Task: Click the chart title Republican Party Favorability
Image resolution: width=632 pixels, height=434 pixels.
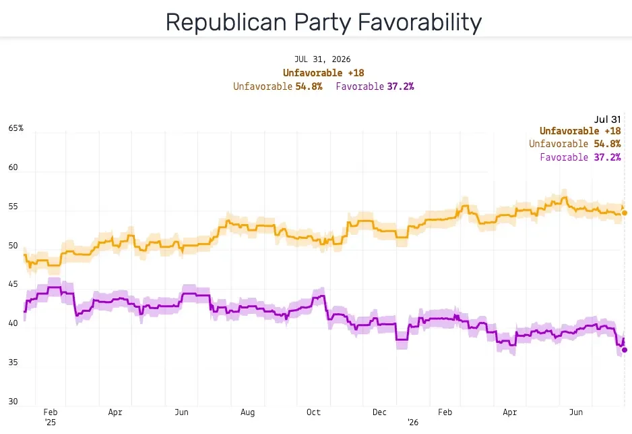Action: (x=323, y=22)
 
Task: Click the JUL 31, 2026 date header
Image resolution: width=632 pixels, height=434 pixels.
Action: (x=323, y=59)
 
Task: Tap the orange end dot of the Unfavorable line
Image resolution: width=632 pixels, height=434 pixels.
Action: (x=625, y=213)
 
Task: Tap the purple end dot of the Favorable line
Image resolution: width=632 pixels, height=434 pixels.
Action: (x=625, y=350)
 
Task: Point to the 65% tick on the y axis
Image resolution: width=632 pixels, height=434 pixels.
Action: (x=15, y=128)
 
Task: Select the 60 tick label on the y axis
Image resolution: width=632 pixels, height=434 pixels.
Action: (x=13, y=167)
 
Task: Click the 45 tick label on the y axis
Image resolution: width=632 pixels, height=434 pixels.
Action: (x=13, y=284)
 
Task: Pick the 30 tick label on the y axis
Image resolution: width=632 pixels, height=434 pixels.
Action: (x=13, y=402)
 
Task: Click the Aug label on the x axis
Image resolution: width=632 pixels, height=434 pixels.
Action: (x=247, y=412)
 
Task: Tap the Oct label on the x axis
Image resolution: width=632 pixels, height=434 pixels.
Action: (x=313, y=412)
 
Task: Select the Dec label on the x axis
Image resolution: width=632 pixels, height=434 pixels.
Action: (x=379, y=412)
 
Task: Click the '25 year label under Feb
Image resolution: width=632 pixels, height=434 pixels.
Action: (x=51, y=423)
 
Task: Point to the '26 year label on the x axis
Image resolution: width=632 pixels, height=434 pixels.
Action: (x=413, y=423)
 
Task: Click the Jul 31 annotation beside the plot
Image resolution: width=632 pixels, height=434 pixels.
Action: (x=608, y=119)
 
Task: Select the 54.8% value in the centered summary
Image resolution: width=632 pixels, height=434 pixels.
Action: (x=309, y=86)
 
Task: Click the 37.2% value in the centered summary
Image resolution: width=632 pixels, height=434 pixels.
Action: (x=401, y=86)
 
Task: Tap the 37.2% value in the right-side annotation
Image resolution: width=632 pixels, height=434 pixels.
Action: (x=608, y=157)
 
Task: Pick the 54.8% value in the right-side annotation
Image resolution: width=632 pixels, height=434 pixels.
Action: (x=608, y=144)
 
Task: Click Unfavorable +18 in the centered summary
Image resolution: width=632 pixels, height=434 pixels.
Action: (x=323, y=73)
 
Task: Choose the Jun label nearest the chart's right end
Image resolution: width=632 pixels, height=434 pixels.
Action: (x=576, y=412)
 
